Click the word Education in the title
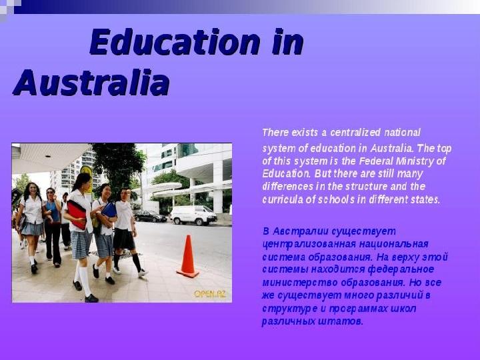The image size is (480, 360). click(175, 41)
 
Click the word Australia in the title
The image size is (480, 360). click(91, 83)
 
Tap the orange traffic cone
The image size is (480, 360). click(188, 257)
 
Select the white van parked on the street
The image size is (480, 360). click(193, 215)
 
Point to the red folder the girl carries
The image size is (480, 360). click(77, 214)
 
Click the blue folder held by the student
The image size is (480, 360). click(109, 210)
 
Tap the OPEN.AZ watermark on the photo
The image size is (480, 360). click(210, 294)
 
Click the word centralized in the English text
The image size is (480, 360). click(355, 133)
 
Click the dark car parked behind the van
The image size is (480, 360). click(150, 216)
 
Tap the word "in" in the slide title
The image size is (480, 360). click(288, 41)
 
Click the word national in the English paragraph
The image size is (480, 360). click(402, 133)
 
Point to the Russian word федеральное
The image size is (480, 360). click(401, 270)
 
